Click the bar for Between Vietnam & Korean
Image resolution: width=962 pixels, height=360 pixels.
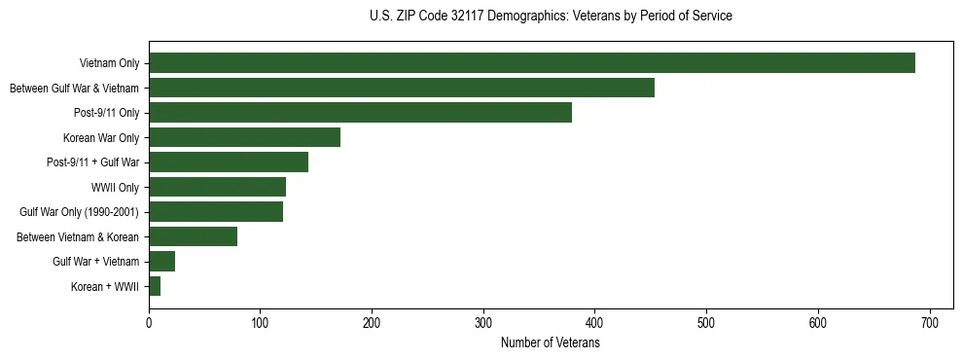click(x=193, y=236)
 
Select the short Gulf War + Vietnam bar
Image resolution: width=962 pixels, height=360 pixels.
click(x=161, y=262)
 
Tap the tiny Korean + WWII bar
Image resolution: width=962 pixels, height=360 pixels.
click(x=155, y=286)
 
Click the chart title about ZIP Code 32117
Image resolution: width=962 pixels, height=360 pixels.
click(x=551, y=17)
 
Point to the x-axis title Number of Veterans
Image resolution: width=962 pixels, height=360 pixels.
click(x=551, y=343)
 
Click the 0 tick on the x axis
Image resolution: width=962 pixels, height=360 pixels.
click(x=149, y=324)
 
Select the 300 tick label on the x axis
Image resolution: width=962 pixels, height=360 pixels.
click(x=483, y=324)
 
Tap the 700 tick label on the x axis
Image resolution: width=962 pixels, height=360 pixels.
click(x=929, y=324)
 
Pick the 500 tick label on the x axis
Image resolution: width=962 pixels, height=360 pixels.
click(x=706, y=324)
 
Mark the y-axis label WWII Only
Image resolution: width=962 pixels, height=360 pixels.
click(x=115, y=188)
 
